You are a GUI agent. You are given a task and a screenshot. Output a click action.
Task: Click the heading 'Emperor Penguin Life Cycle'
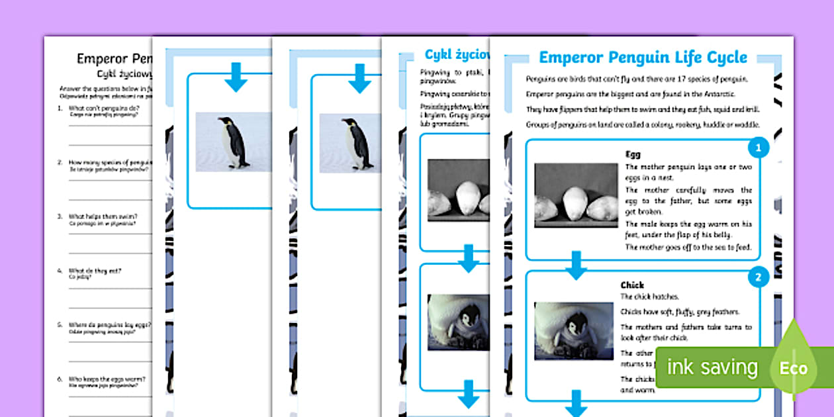coord(643,58)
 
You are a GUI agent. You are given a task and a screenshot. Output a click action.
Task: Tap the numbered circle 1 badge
coord(759,147)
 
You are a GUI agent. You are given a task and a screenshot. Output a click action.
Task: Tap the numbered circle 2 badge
coord(759,277)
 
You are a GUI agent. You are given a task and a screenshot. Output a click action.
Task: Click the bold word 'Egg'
coord(633,154)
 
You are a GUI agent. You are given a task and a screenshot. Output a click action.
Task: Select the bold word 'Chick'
coord(633,285)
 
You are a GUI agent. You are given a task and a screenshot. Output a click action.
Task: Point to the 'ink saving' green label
coord(712,367)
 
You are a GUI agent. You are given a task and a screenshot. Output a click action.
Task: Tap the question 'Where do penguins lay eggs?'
coord(110,325)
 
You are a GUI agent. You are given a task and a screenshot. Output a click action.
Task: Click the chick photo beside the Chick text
coord(573,331)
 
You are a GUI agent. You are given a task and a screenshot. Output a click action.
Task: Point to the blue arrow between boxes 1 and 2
coord(576,265)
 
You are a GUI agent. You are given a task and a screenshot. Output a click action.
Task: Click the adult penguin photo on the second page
coord(232,142)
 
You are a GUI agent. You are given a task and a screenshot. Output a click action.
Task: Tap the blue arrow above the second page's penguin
coord(235,78)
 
